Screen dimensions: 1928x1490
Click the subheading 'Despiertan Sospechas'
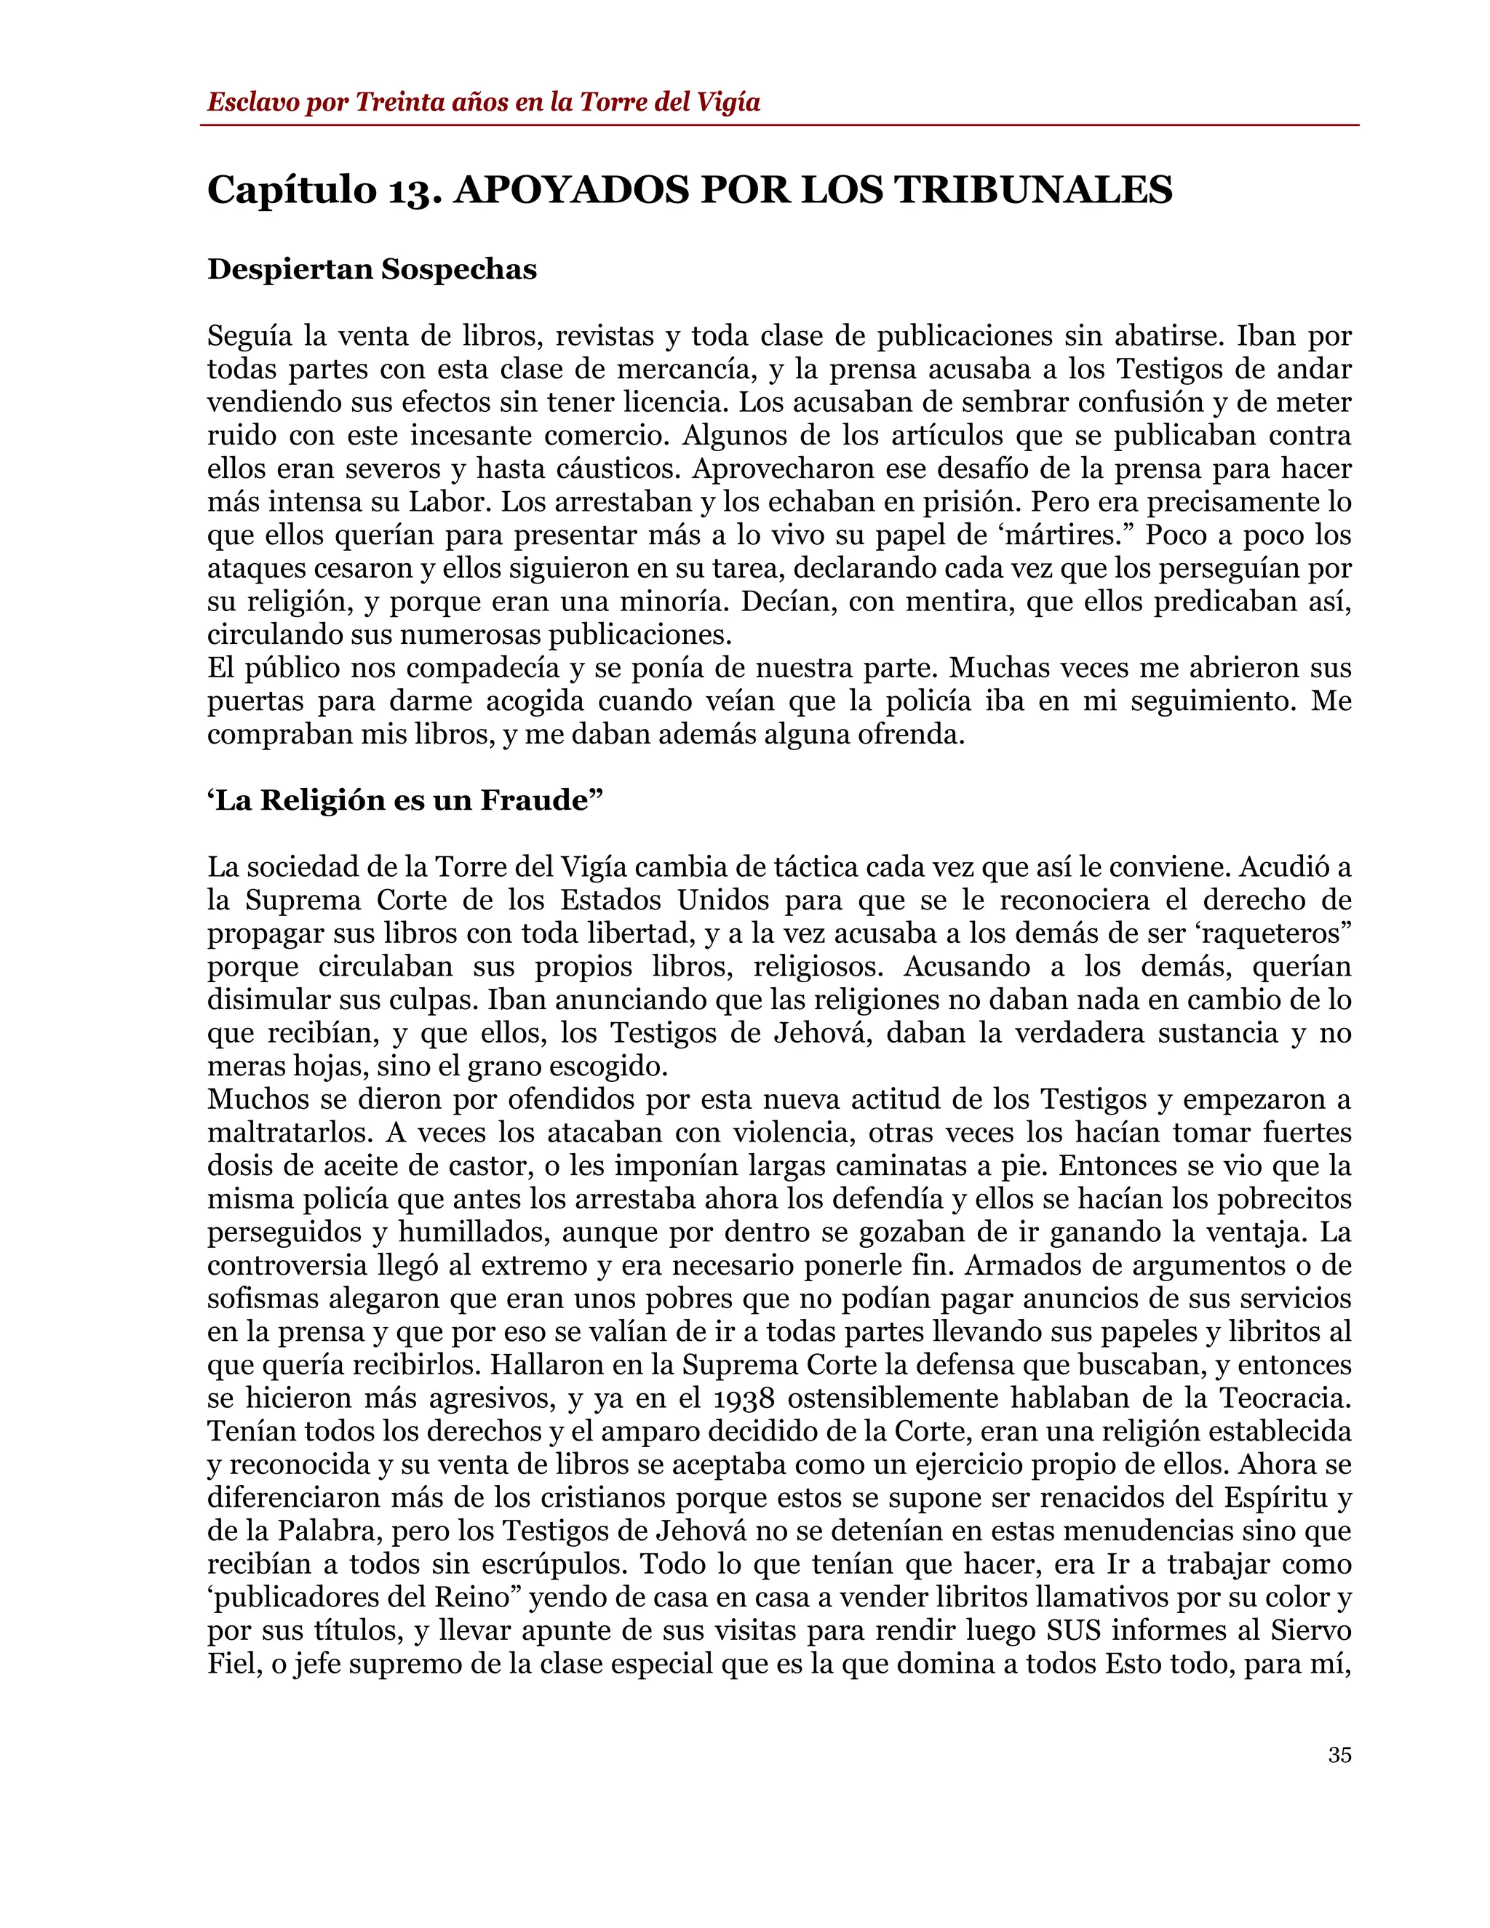372,269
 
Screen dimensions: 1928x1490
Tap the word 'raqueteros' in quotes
1275,934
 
